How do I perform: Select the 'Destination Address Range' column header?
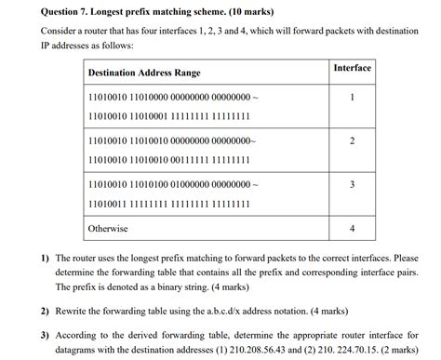(143, 73)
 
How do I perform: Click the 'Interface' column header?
(352, 68)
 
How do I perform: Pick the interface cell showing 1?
(352, 97)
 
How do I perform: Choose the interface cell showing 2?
(352, 140)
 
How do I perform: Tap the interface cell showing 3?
(352, 184)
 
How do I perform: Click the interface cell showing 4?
(352, 228)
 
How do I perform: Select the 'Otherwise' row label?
(108, 228)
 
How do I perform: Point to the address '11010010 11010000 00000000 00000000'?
(167, 97)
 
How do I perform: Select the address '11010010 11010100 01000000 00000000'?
(167, 184)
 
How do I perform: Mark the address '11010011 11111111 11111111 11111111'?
(168, 203)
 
